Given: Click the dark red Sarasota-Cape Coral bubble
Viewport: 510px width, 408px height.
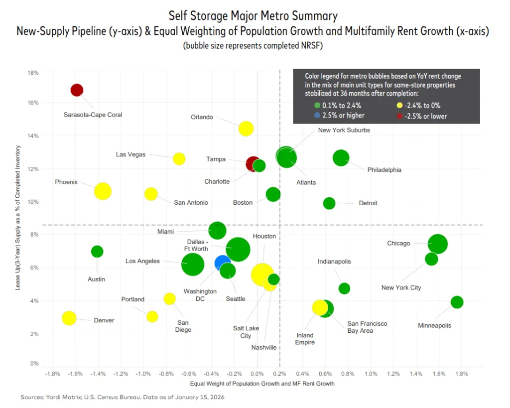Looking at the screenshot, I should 77,90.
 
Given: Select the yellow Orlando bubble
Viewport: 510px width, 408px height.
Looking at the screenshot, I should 246,128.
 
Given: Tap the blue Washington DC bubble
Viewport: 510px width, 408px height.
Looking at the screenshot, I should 223,263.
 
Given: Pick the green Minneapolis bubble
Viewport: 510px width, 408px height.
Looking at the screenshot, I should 457,302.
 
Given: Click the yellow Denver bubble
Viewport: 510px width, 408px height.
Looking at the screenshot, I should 69,318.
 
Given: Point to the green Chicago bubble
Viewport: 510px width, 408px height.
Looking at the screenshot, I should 438,244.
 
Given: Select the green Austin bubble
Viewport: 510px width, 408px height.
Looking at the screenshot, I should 97,252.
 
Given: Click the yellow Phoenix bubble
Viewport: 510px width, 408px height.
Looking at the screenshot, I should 103,191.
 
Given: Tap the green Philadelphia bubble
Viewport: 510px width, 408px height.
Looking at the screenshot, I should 341,158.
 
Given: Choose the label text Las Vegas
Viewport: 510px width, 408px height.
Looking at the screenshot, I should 130,154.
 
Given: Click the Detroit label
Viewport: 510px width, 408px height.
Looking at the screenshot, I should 368,203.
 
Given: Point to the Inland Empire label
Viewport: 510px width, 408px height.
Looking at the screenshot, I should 305,339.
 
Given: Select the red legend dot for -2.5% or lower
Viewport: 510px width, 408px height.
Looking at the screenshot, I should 399,116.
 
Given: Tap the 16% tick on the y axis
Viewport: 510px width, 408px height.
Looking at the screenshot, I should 33,103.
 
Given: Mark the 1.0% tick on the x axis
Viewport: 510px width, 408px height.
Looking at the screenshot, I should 371,374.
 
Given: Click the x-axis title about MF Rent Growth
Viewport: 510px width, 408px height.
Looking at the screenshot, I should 262,384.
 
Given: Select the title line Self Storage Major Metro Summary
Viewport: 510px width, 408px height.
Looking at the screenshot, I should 253,16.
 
